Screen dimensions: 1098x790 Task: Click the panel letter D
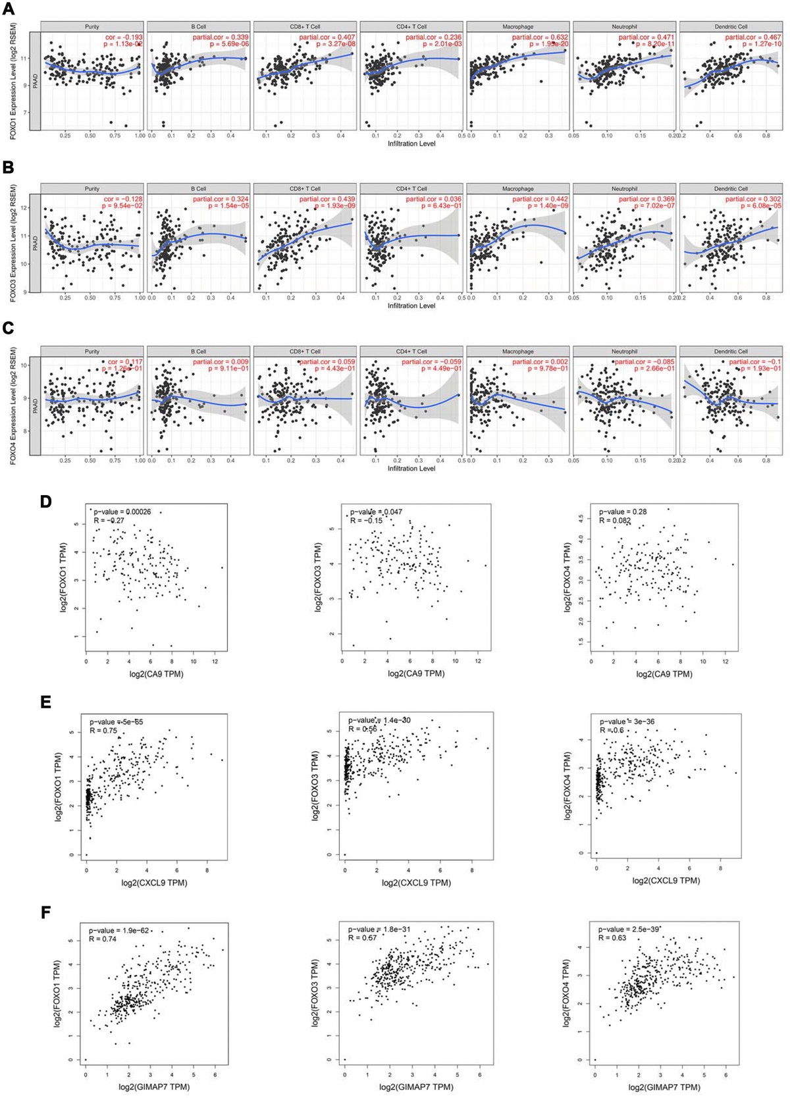[x=45, y=502]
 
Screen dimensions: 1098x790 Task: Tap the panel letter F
[x=45, y=913]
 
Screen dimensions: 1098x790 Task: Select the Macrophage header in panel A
[x=517, y=26]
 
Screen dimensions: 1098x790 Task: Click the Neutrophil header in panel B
[x=624, y=189]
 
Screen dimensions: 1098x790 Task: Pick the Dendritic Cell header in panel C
[x=730, y=352]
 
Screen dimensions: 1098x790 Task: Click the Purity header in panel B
[x=92, y=189]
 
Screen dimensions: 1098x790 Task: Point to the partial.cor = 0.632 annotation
[x=540, y=38]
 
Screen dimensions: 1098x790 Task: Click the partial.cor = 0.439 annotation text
[x=327, y=199]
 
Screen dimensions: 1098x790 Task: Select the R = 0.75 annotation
[x=103, y=730]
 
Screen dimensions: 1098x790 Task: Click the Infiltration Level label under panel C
[x=411, y=468]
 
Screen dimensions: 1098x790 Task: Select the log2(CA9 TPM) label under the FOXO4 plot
[x=664, y=673]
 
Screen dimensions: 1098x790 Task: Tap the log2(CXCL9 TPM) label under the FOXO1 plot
[x=154, y=882]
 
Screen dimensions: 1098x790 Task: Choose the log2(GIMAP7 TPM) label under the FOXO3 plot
[x=417, y=1087]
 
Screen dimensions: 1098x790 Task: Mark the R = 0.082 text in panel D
[x=615, y=521]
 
